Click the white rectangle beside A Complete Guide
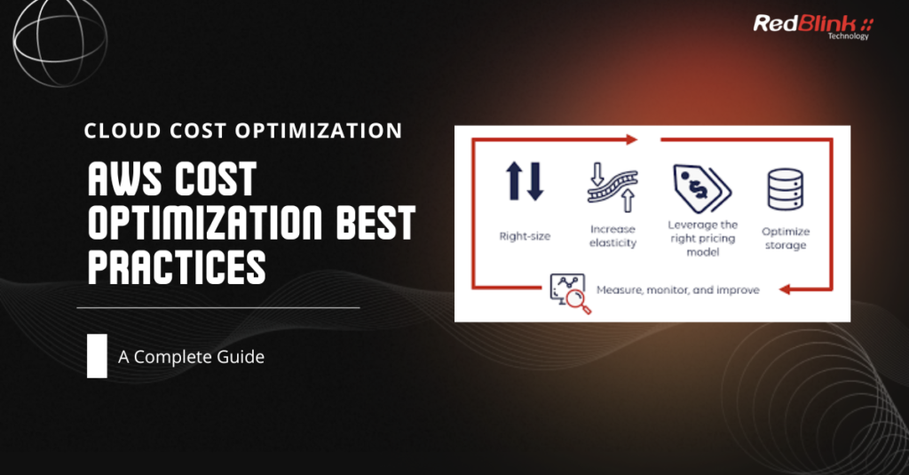point(97,357)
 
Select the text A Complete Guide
point(191,358)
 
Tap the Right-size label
point(526,236)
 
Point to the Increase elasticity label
point(612,236)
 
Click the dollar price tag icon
point(700,186)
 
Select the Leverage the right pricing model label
point(702,238)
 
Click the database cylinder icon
point(784,187)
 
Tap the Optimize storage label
point(784,237)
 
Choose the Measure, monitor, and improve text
point(677,290)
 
